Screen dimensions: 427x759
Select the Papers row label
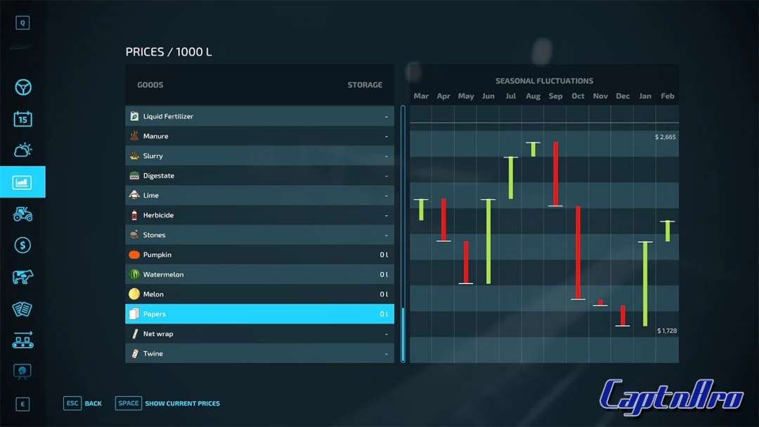155,314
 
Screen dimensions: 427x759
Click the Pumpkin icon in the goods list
134,255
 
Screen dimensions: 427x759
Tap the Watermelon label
163,274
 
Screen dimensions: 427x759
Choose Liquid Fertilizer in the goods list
168,117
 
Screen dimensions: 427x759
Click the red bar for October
578,253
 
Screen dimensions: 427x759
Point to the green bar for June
488,241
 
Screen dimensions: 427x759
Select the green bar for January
645,283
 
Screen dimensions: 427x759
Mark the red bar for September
555,174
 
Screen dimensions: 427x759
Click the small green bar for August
533,149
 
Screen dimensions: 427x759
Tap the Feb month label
668,96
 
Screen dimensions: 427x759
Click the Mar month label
421,96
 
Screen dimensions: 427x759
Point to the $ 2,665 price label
665,137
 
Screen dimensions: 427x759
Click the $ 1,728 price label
667,331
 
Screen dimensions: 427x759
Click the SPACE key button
129,403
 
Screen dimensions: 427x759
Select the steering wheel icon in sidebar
23,87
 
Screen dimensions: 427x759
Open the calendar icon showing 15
23,119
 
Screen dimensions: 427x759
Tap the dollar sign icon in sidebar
23,246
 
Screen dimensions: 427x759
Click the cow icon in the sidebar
23,277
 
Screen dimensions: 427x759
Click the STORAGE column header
365,85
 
